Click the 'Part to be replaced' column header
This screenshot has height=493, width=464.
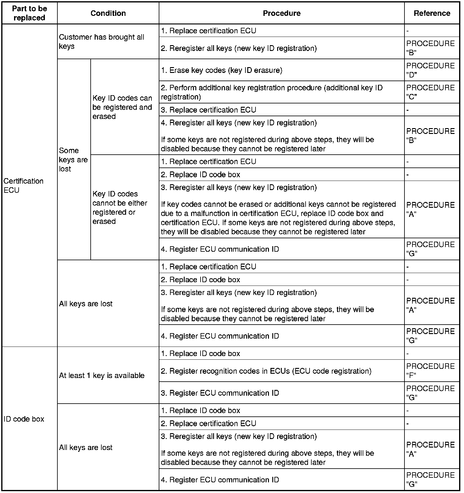[x=29, y=13]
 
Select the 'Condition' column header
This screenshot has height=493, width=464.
[x=108, y=13]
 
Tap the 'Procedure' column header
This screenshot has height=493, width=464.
[x=281, y=13]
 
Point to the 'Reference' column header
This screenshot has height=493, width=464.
[x=432, y=13]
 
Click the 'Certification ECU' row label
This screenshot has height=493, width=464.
[x=24, y=185]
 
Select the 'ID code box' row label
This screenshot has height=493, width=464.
[x=24, y=419]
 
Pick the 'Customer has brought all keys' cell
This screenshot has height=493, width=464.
[x=101, y=41]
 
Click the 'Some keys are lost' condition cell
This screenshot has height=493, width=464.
[x=73, y=160]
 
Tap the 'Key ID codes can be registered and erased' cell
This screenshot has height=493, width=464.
[x=122, y=107]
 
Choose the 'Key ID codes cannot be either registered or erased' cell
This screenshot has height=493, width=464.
[x=120, y=207]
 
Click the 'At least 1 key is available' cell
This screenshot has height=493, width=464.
[x=102, y=375]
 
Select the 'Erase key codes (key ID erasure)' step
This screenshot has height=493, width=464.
[x=222, y=70]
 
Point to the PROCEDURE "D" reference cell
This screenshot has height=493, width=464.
[x=430, y=70]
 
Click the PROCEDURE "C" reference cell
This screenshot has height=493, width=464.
[x=430, y=92]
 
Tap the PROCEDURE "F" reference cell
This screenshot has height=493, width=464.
[x=430, y=371]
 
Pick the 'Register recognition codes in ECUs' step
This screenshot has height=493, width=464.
[x=266, y=371]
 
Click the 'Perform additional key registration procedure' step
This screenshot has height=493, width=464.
[x=272, y=92]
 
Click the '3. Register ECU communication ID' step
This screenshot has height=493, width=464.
[x=220, y=393]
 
